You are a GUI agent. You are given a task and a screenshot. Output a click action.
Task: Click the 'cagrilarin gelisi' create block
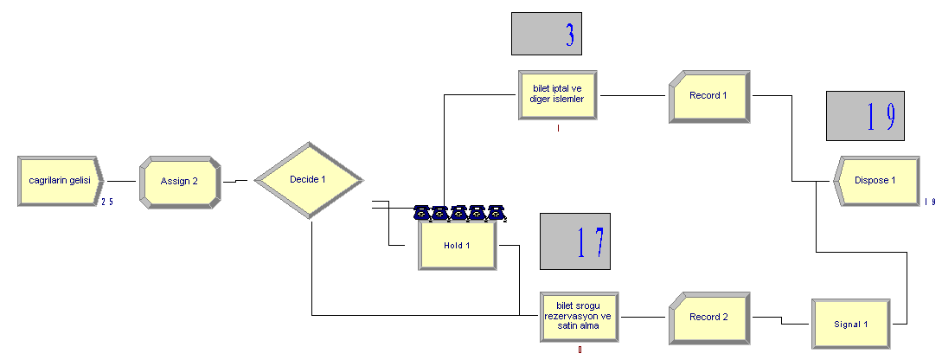pyautogui.click(x=61, y=181)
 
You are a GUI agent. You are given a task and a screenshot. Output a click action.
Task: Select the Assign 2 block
pyautogui.click(x=179, y=182)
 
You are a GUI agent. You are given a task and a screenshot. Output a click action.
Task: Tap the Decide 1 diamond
pyautogui.click(x=309, y=179)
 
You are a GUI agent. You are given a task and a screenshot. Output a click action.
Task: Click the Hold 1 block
pyautogui.click(x=458, y=245)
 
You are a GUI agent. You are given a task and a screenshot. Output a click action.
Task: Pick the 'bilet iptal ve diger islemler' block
pyautogui.click(x=558, y=95)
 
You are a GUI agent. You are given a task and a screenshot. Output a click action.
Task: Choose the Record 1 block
pyautogui.click(x=709, y=96)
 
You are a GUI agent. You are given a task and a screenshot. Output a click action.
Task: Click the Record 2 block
pyautogui.click(x=709, y=318)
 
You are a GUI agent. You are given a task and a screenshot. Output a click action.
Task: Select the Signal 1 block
pyautogui.click(x=851, y=324)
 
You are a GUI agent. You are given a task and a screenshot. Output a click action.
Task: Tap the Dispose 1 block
pyautogui.click(x=876, y=181)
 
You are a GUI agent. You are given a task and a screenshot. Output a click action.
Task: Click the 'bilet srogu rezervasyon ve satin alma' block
pyautogui.click(x=580, y=317)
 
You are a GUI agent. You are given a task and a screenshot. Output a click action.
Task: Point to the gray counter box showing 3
pyautogui.click(x=547, y=34)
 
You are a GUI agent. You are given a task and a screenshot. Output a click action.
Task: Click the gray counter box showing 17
pyautogui.click(x=575, y=241)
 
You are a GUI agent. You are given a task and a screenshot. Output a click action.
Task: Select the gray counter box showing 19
pyautogui.click(x=865, y=116)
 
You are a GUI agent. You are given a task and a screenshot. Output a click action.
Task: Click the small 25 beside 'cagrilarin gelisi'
pyautogui.click(x=107, y=202)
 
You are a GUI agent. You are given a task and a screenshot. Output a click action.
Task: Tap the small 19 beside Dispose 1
pyautogui.click(x=930, y=202)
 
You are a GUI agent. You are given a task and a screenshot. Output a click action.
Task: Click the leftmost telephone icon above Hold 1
pyautogui.click(x=422, y=212)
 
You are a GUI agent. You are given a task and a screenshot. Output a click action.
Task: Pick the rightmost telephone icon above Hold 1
pyautogui.click(x=496, y=212)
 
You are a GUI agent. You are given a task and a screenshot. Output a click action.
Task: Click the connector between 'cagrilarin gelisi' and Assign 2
pyautogui.click(x=122, y=181)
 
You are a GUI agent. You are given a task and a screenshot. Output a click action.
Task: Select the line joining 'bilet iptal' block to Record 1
pyautogui.click(x=635, y=95)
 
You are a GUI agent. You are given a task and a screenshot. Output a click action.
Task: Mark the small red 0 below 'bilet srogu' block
pyautogui.click(x=580, y=350)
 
